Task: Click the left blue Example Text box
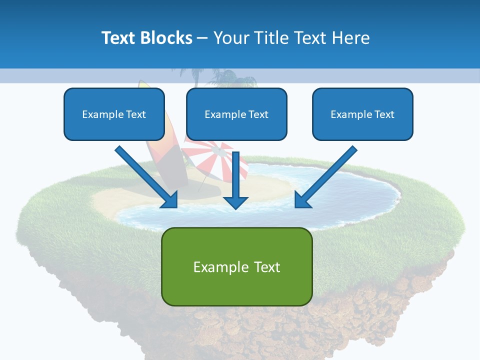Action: (x=114, y=114)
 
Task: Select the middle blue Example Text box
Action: (x=236, y=114)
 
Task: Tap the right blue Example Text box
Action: (x=362, y=114)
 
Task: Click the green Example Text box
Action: (x=236, y=266)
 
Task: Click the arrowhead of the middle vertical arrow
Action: (x=236, y=202)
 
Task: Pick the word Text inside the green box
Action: (x=264, y=267)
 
